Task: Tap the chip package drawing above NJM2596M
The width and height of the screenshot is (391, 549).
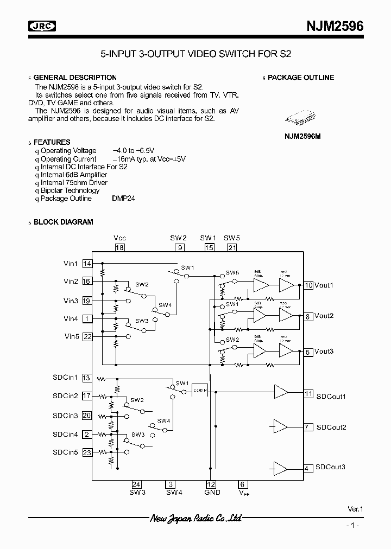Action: pyautogui.click(x=302, y=120)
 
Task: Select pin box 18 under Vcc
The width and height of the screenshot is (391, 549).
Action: pyautogui.click(x=119, y=247)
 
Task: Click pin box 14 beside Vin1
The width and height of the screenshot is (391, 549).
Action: pyautogui.click(x=87, y=264)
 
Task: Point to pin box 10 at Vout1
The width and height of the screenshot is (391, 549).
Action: pyautogui.click(x=308, y=285)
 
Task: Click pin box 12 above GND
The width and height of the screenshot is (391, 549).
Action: pyautogui.click(x=211, y=484)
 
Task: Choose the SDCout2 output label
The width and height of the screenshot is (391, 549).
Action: pyautogui.click(x=331, y=427)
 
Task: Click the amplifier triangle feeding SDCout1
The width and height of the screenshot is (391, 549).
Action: pyautogui.click(x=281, y=391)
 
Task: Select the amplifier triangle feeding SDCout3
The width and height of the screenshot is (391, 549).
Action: pyautogui.click(x=280, y=468)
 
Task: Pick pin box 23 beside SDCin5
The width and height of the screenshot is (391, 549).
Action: pyautogui.click(x=87, y=452)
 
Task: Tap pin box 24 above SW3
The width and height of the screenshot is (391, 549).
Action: pyautogui.click(x=137, y=484)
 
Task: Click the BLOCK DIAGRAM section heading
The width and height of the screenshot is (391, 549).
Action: pyautogui.click(x=63, y=222)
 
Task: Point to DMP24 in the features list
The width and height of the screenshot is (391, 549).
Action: pyautogui.click(x=124, y=199)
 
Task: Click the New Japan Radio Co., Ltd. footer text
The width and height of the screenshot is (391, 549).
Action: pyautogui.click(x=196, y=519)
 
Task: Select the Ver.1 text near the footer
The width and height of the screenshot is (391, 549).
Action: pyautogui.click(x=355, y=509)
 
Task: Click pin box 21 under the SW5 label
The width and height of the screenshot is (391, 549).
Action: pyautogui.click(x=232, y=247)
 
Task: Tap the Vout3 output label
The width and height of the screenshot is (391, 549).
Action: pyautogui.click(x=324, y=352)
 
